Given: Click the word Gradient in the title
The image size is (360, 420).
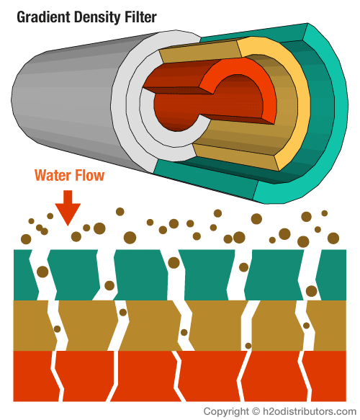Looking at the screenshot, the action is point(43,17).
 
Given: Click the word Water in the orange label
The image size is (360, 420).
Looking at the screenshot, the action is point(53,176).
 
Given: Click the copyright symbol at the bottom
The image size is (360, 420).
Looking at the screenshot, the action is point(256,411).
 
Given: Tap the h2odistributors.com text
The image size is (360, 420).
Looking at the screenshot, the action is point(310,411).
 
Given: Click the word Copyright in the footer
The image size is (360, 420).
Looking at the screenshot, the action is point(226,411).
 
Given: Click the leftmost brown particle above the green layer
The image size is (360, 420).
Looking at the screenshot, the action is point(26,239).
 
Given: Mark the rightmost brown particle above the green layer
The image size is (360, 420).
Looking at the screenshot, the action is point(333,238).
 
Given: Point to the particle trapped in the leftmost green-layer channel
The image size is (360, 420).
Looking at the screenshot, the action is point(42,272).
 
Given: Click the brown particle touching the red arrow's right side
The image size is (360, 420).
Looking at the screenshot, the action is point(76,236).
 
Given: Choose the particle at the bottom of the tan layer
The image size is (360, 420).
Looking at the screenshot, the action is point(248,346).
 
